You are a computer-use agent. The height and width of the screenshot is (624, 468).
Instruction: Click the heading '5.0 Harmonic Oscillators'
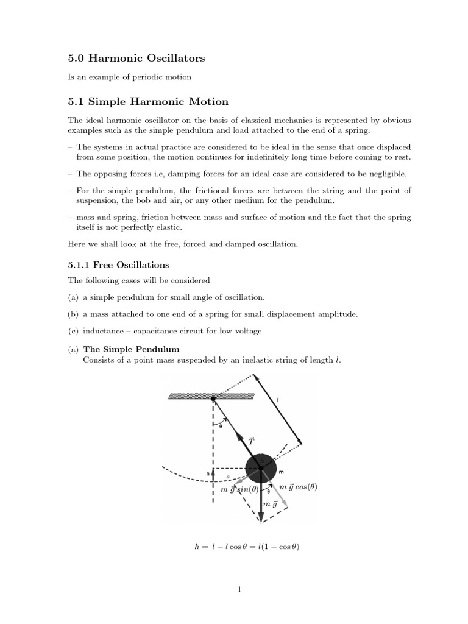(136, 58)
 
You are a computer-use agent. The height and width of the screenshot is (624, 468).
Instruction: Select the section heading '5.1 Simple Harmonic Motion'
(148, 101)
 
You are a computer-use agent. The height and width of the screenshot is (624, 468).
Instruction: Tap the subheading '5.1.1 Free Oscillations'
(118, 265)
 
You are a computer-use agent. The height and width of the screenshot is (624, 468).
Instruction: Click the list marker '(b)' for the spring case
(73, 314)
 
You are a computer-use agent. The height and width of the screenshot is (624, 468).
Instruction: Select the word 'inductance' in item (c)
(103, 331)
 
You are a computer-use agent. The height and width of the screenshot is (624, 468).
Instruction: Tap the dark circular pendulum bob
(260, 467)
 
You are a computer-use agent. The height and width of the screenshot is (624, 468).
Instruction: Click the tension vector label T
(251, 440)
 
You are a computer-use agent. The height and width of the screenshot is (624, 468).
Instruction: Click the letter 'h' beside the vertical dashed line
(208, 473)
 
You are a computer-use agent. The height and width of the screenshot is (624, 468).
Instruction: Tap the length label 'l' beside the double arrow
(277, 400)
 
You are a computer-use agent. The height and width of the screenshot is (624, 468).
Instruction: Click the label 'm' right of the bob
(281, 472)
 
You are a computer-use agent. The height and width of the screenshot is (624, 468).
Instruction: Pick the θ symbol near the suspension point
(220, 427)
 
